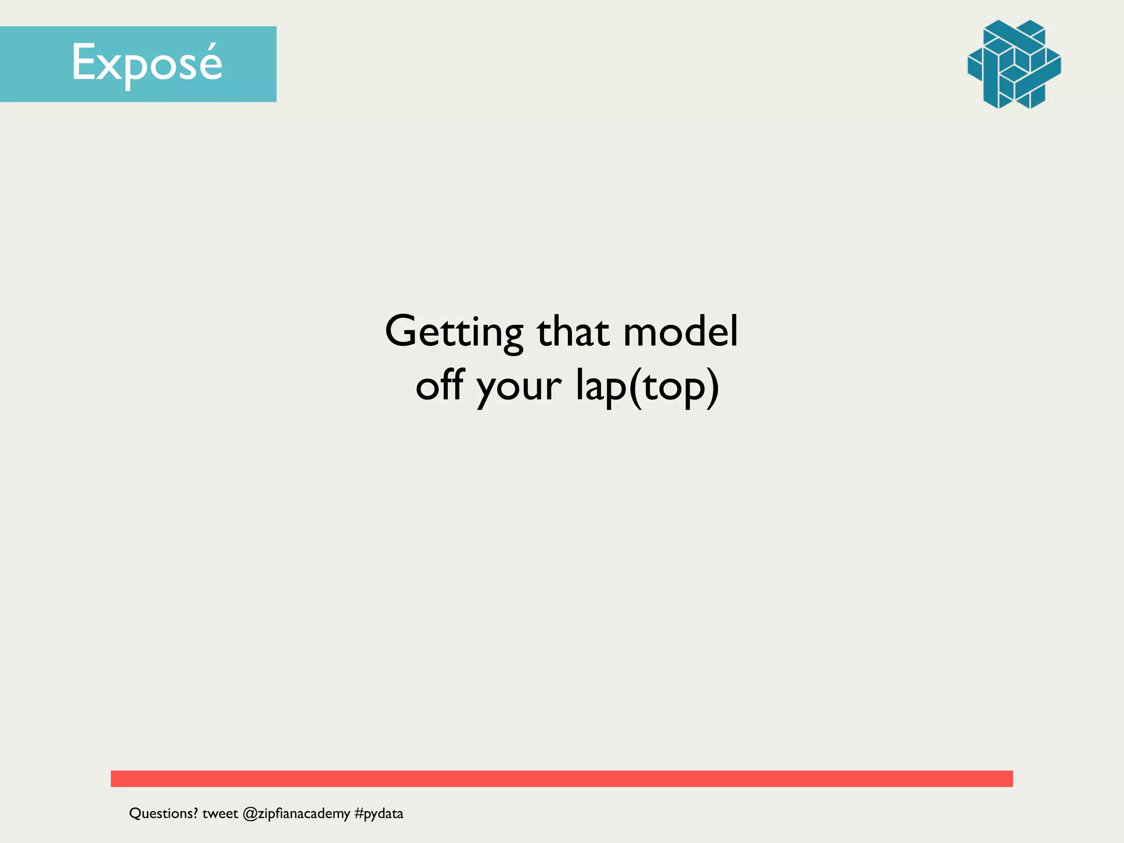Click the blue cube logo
point(1014,64)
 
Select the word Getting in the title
point(454,333)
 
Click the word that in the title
point(573,333)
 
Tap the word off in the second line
point(440,385)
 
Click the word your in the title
point(519,387)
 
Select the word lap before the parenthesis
point(600,386)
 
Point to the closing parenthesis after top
point(712,387)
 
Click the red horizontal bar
point(561,778)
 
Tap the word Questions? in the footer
point(163,813)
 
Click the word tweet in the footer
point(220,813)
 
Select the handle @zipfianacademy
point(296,813)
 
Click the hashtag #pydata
point(379,813)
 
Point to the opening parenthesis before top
point(636,387)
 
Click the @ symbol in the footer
point(250,814)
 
